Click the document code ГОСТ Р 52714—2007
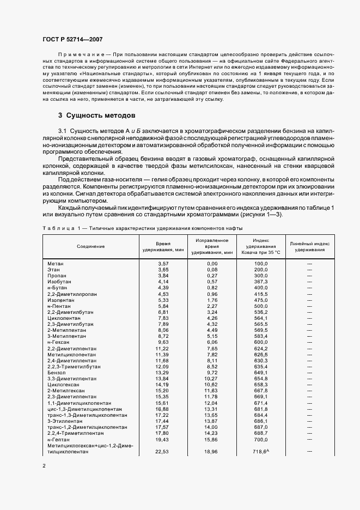click(x=72, y=40)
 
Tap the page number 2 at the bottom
click(x=44, y=465)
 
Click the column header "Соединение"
click(x=90, y=246)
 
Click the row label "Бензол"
click(x=57, y=372)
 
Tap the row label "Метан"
click(x=55, y=263)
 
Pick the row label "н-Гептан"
click(x=58, y=439)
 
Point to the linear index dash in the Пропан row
click(x=309, y=275)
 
